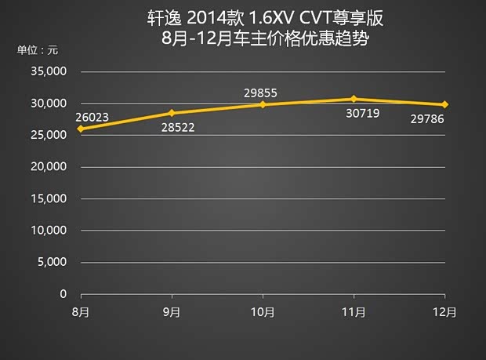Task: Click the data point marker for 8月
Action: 81,129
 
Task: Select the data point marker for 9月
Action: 172,113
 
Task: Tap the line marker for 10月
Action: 263,104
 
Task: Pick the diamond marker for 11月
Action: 354,99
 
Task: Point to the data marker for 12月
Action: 445,104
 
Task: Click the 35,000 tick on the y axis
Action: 50,71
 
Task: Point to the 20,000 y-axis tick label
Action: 50,167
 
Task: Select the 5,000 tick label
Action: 53,262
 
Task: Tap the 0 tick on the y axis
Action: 63,294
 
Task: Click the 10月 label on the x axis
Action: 263,311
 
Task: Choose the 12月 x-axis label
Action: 445,311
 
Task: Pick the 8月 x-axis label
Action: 81,311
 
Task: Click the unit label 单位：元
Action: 37,50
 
